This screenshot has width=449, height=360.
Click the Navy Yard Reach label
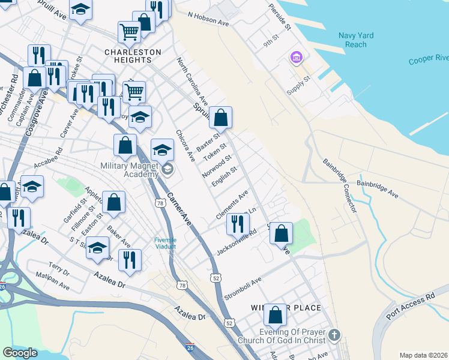pyautogui.click(x=356, y=40)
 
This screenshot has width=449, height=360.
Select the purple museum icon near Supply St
pyautogui.click(x=296, y=58)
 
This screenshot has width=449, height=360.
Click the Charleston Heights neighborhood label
pyautogui.click(x=133, y=56)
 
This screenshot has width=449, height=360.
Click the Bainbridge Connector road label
pyautogui.click(x=340, y=185)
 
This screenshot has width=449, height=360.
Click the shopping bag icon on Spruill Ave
pyautogui.click(x=221, y=118)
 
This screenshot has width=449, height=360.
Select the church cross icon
pyautogui.click(x=334, y=334)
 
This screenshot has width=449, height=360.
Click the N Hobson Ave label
pyautogui.click(x=208, y=19)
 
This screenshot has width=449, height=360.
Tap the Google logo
pyautogui.click(x=20, y=353)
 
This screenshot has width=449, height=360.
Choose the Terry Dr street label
pyautogui.click(x=59, y=269)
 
